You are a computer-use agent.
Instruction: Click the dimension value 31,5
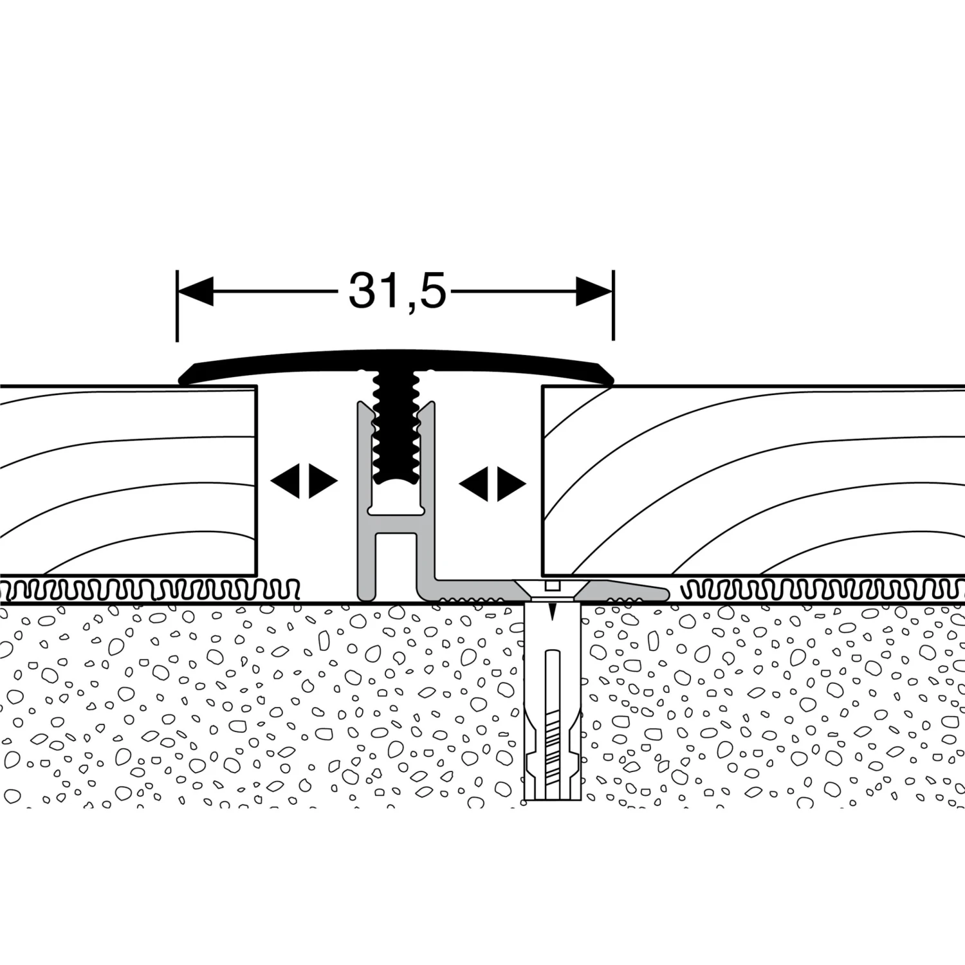[397, 291]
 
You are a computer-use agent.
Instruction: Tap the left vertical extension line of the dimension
[177, 306]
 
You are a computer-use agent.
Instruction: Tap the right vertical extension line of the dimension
[614, 306]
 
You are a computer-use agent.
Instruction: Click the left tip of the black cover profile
[180, 380]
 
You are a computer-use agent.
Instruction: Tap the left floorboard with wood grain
[129, 479]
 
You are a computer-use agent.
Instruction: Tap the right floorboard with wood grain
[753, 479]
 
